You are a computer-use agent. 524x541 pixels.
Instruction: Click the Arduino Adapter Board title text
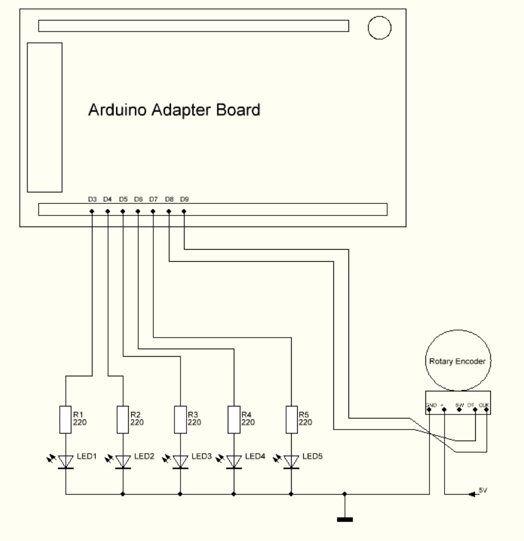[174, 110]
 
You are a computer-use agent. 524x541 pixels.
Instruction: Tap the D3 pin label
[92, 199]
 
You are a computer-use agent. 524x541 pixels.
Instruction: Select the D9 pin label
[184, 199]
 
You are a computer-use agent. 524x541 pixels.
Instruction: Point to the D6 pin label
[138, 199]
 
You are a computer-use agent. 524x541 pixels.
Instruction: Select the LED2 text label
[143, 457]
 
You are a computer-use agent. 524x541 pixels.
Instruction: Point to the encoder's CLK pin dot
[486, 410]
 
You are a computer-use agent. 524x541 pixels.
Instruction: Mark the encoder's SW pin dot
[459, 410]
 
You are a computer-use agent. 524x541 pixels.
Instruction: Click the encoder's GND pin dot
[429, 410]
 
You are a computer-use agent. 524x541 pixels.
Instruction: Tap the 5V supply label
[483, 490]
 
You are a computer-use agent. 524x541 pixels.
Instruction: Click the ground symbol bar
[345, 519]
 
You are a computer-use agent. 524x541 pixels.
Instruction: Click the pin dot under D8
[169, 211]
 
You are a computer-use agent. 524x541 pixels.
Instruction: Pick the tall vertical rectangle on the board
[44, 117]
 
